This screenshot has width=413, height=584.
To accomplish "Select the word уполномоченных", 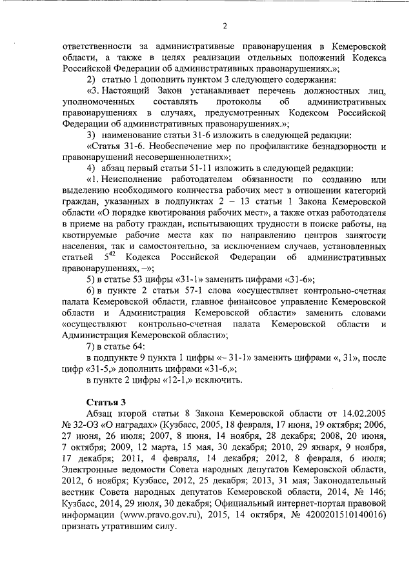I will [97, 103].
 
